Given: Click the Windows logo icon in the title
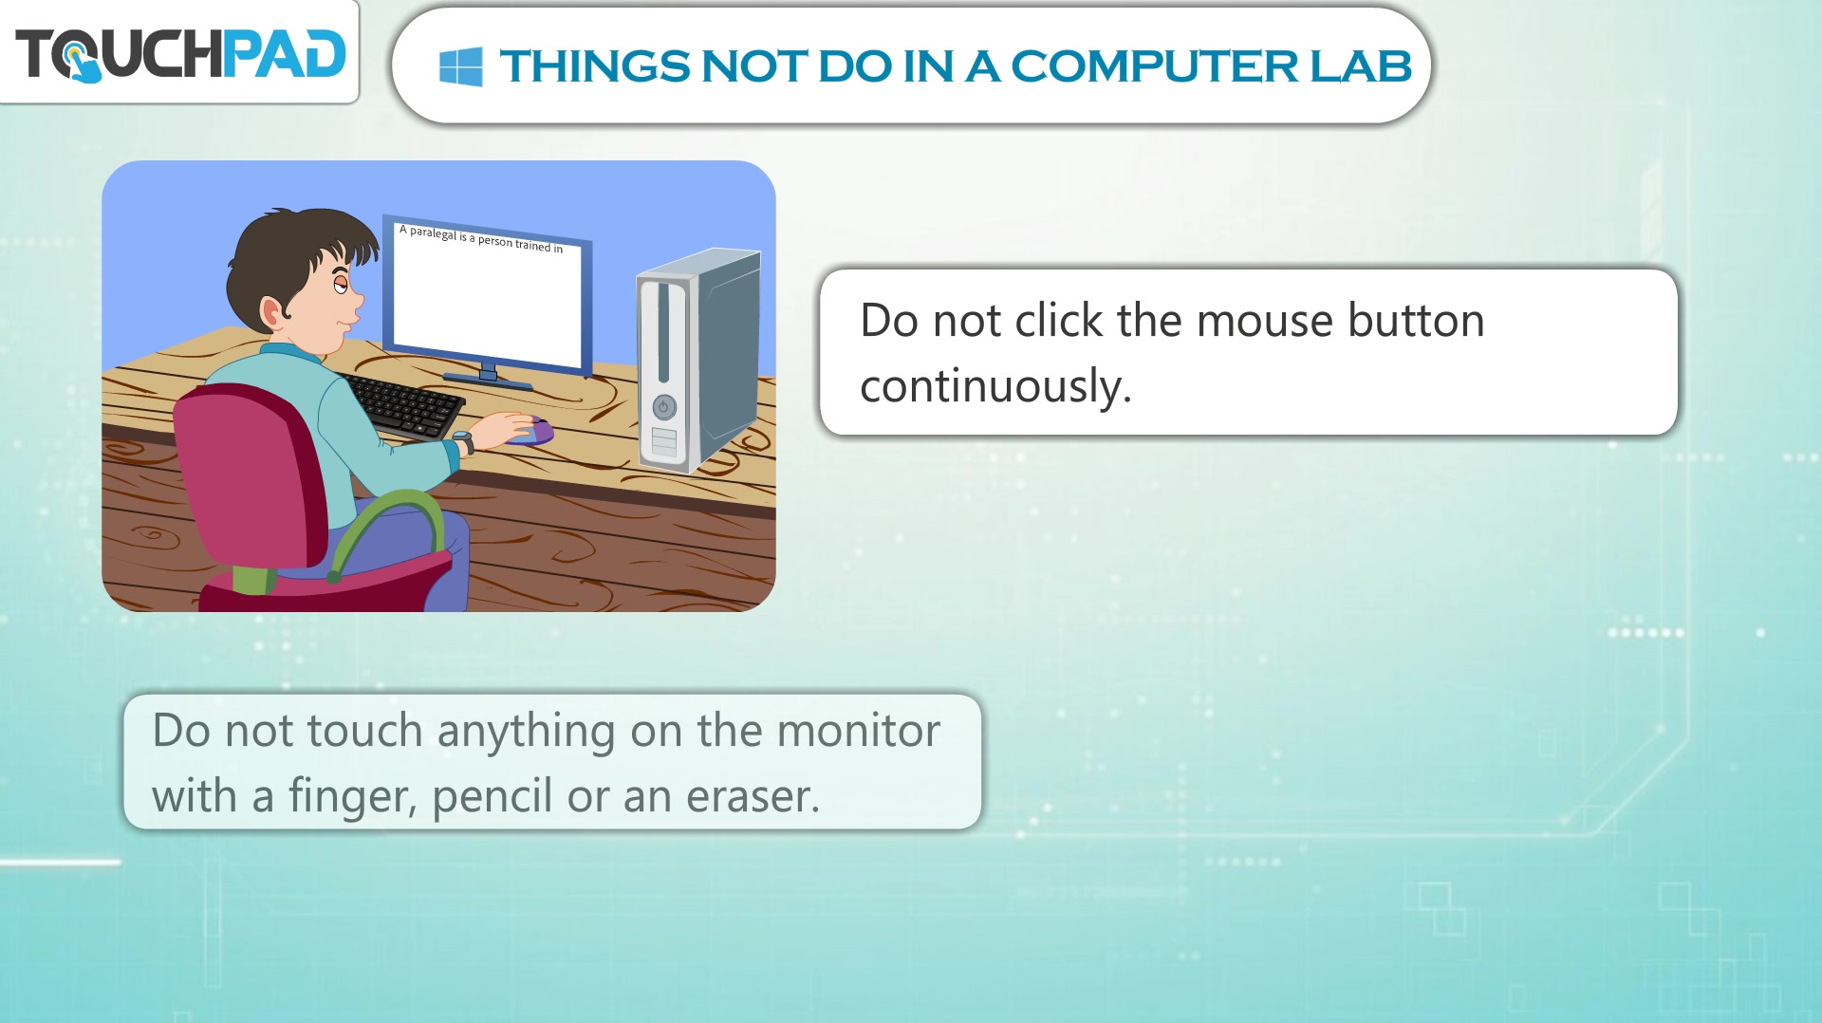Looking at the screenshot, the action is click(461, 66).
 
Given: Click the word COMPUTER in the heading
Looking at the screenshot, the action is click(1154, 66).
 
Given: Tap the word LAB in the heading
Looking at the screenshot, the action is click(1361, 66).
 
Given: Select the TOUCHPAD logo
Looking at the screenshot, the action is click(180, 54).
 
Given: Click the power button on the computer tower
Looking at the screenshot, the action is click(664, 407).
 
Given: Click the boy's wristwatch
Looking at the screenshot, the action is click(463, 442).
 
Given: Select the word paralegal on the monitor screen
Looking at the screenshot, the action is click(433, 232).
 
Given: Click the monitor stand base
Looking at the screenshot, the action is click(488, 379).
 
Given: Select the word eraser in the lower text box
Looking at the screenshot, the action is click(753, 796).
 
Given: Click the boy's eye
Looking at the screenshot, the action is click(340, 284).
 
